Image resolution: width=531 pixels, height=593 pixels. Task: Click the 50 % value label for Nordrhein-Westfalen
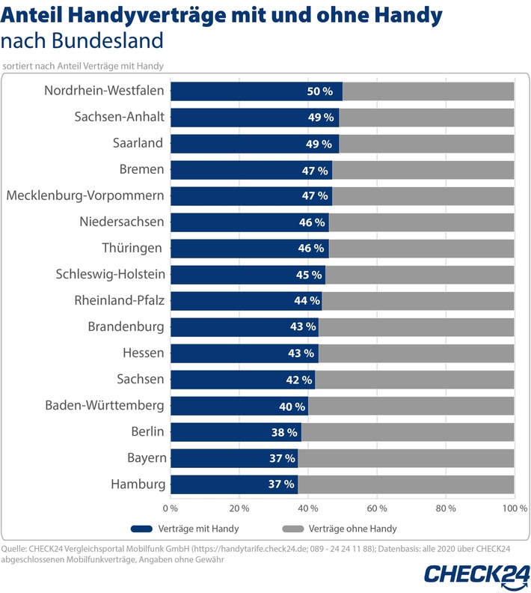pyautogui.click(x=319, y=91)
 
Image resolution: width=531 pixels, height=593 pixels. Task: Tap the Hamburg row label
pyautogui.click(x=138, y=484)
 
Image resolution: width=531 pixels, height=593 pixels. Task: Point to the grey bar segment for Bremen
pyautogui.click(x=423, y=170)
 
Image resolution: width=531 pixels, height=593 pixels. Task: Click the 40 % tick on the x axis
pyautogui.click(x=308, y=508)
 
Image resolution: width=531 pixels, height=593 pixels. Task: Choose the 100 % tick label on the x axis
pyautogui.click(x=514, y=508)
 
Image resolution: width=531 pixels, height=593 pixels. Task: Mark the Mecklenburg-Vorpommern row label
pyautogui.click(x=85, y=196)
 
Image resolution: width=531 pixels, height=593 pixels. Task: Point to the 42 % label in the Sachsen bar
pyautogui.click(x=298, y=380)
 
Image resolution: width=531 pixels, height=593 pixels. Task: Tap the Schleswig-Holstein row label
pyautogui.click(x=111, y=275)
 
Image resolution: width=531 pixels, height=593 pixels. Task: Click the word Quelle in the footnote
pyautogui.click(x=17, y=550)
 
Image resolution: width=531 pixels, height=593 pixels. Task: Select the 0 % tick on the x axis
pyautogui.click(x=171, y=508)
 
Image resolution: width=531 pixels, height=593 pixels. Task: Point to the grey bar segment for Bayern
pyautogui.click(x=405, y=458)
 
